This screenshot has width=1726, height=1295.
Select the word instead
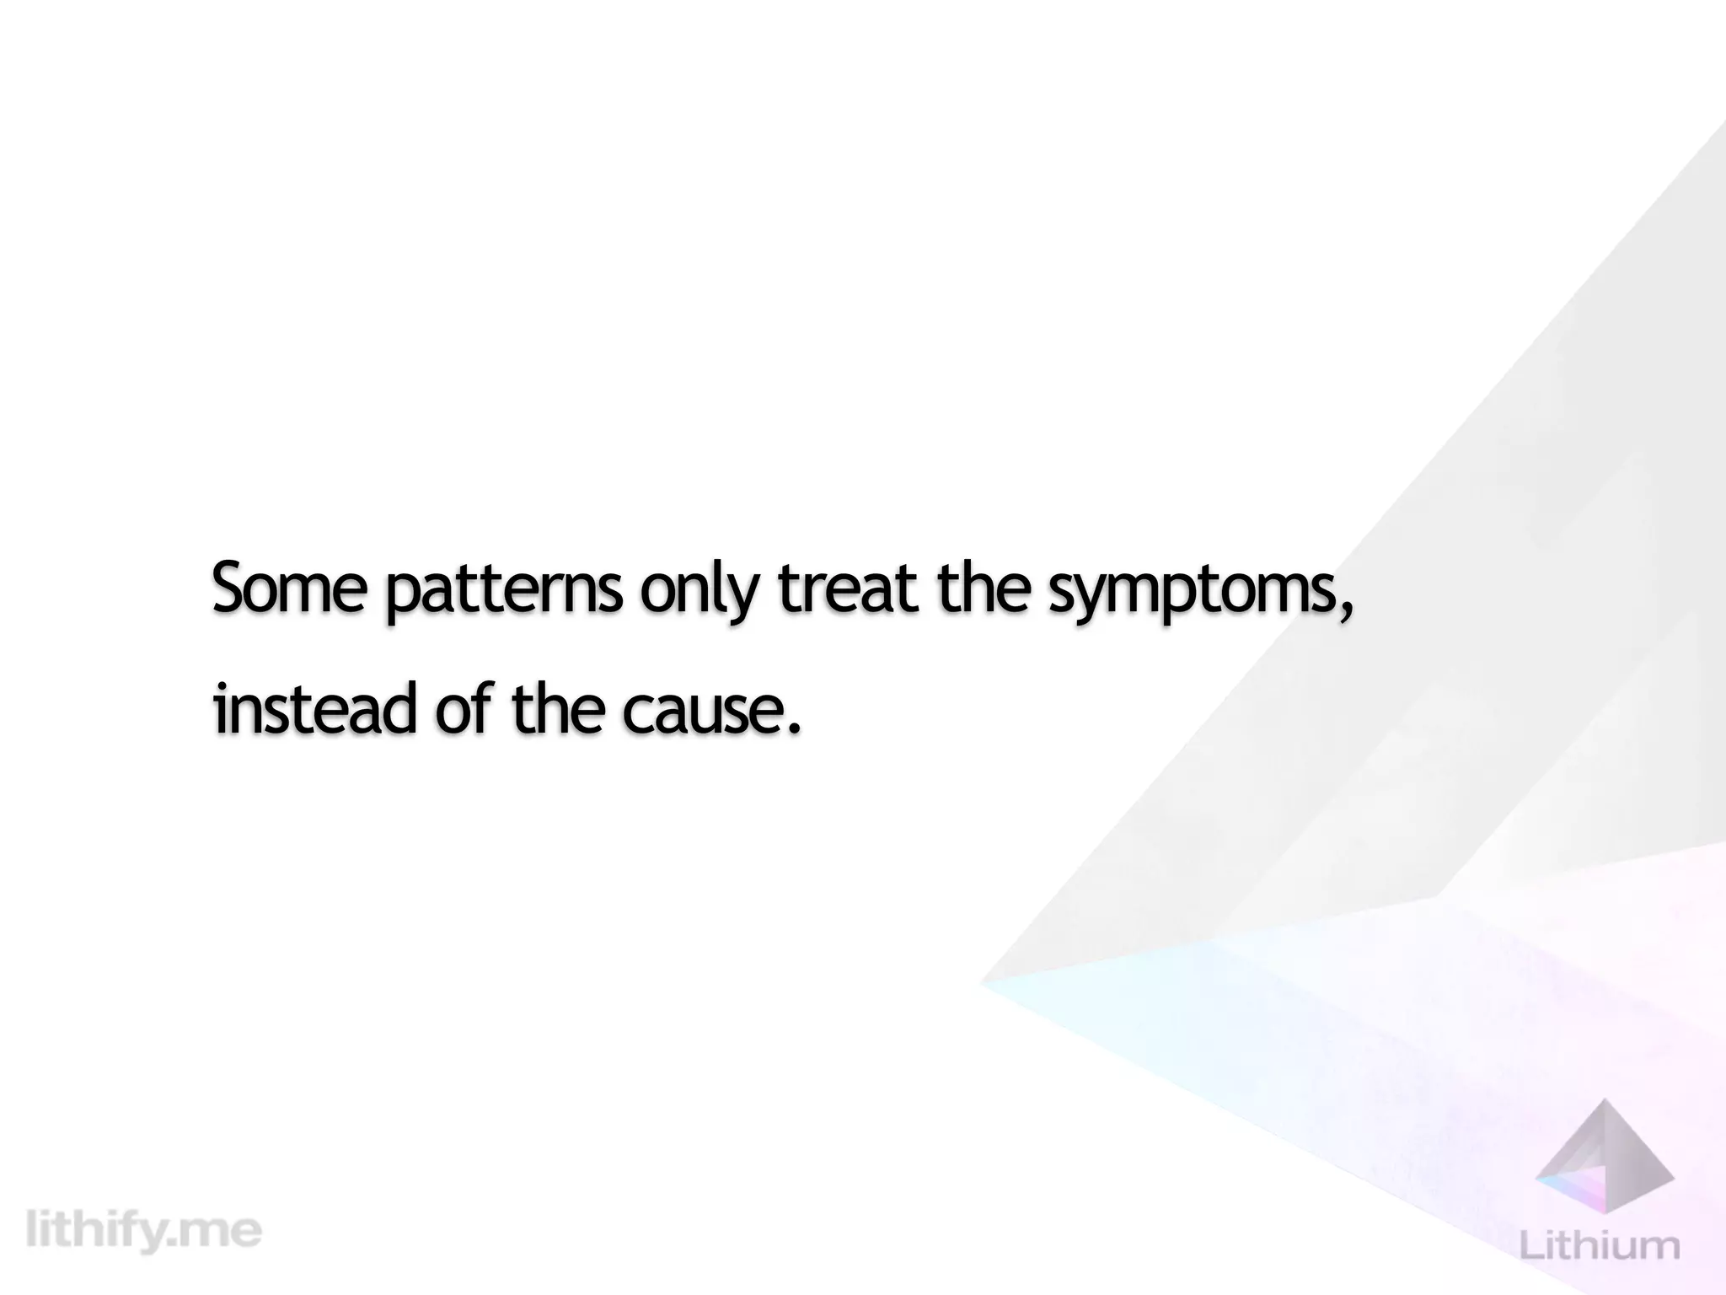(x=315, y=708)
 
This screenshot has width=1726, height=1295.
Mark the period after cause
(x=791, y=728)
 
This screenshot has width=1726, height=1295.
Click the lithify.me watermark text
(x=143, y=1231)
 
